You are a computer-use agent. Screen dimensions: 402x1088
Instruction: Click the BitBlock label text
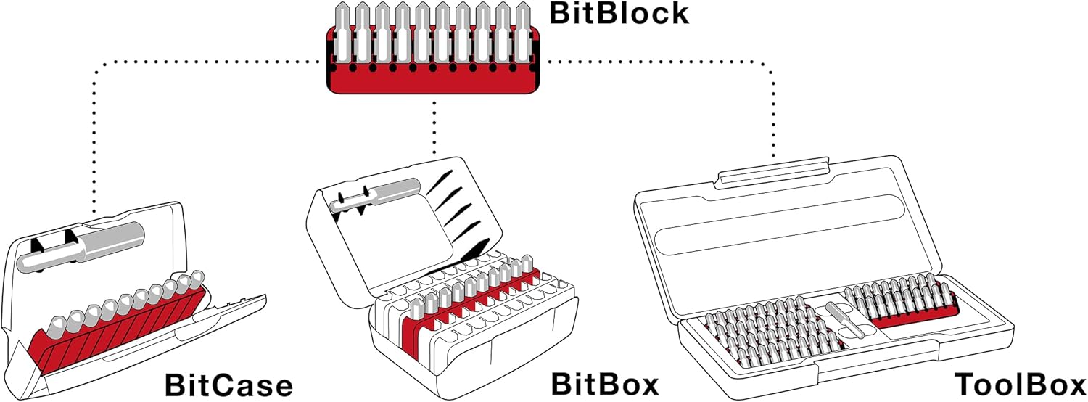click(x=617, y=14)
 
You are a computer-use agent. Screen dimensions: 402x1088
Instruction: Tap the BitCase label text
click(x=229, y=385)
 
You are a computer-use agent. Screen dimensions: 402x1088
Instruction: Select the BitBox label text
click(x=605, y=384)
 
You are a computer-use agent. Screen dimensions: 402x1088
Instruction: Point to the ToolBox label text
click(x=1020, y=385)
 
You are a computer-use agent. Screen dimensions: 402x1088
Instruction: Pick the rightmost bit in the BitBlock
click(x=522, y=33)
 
